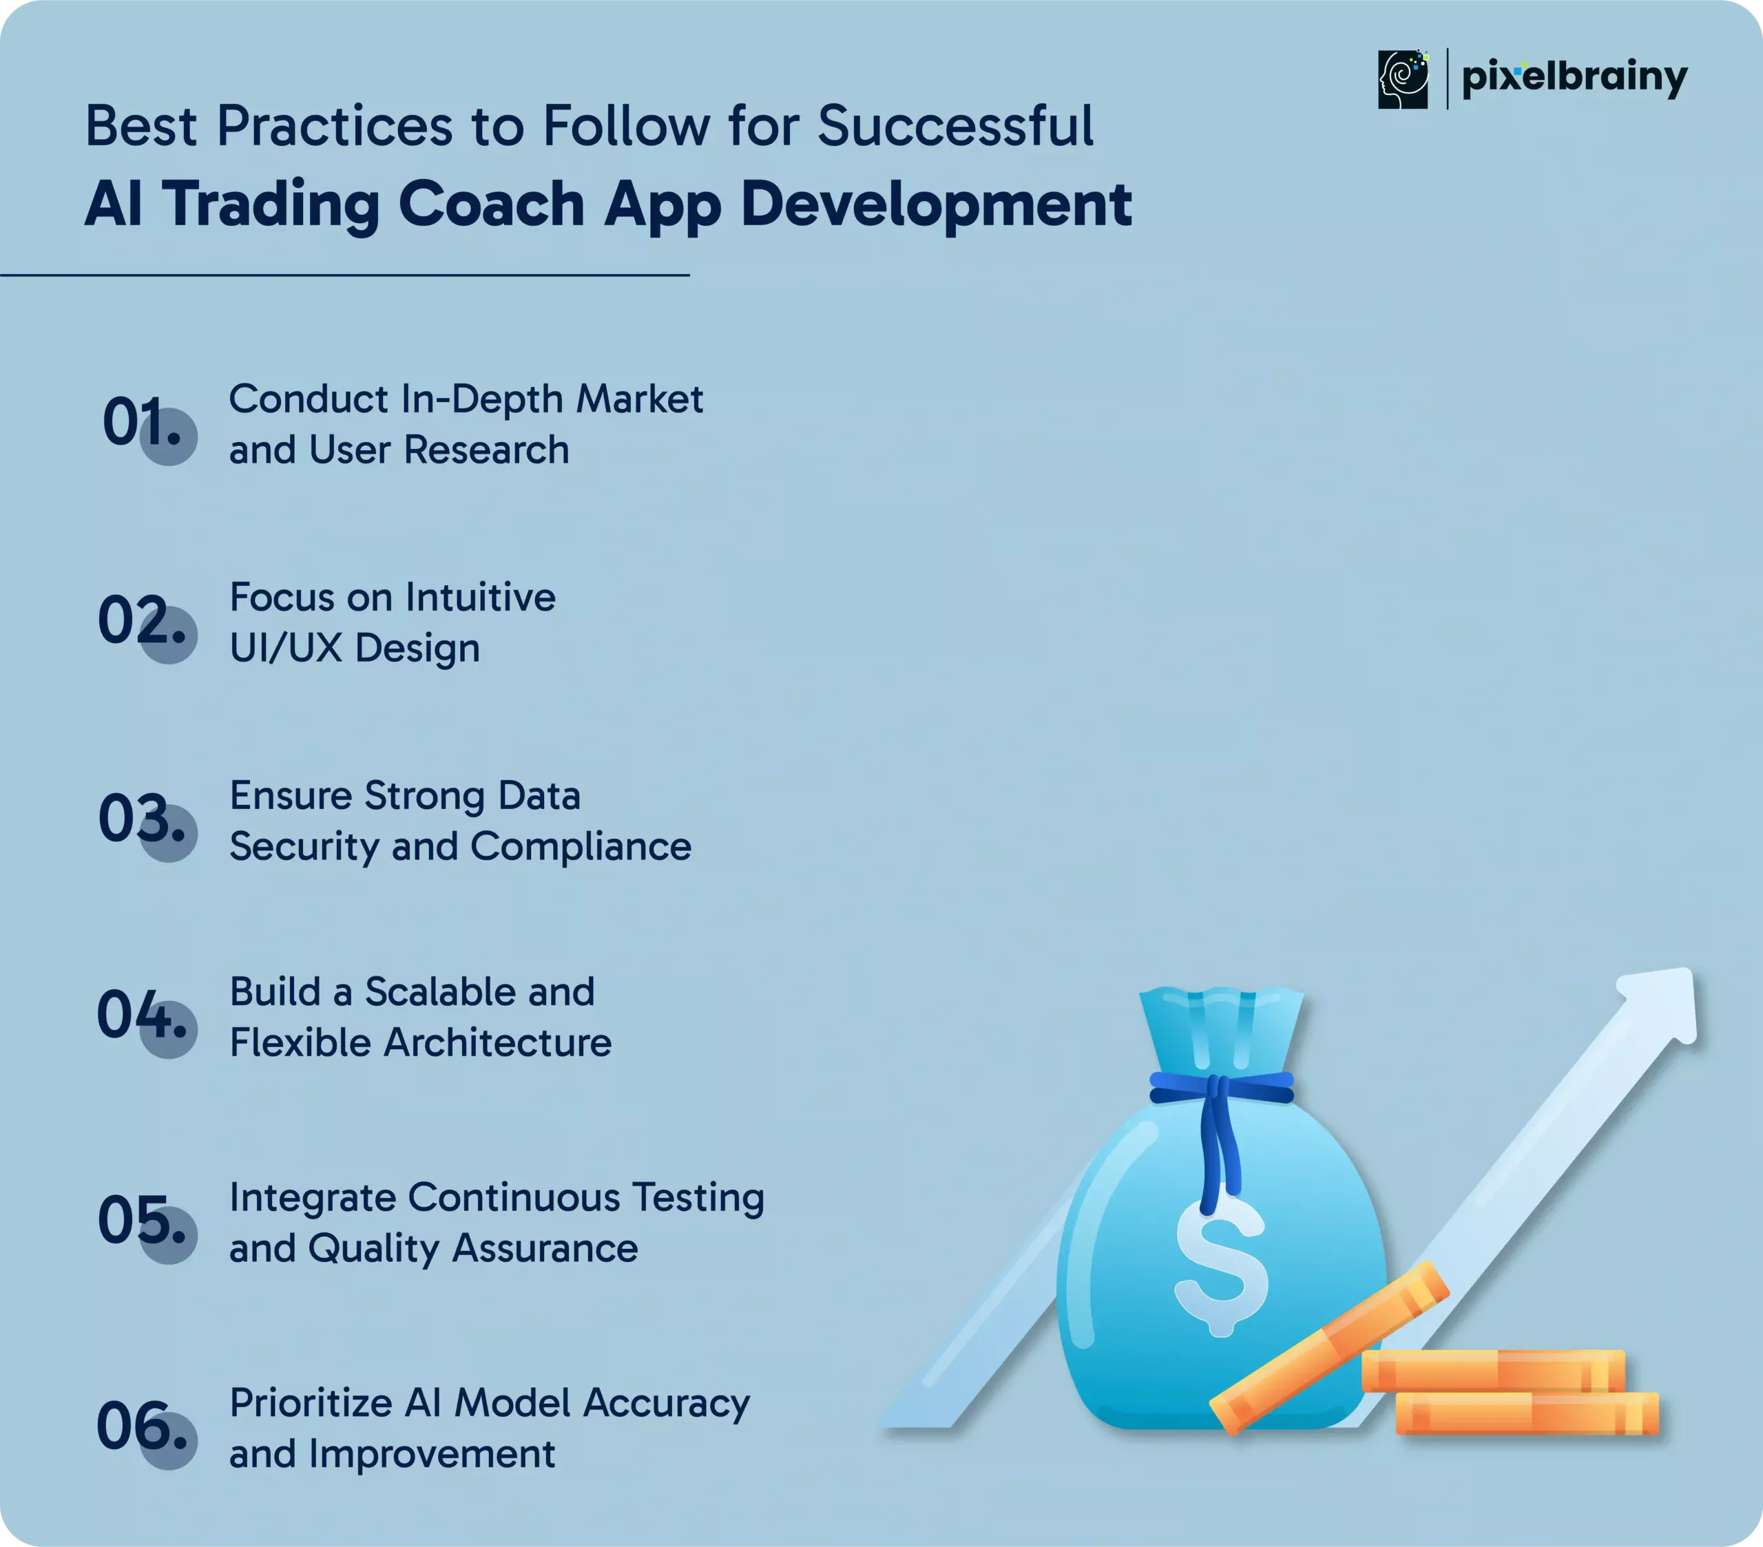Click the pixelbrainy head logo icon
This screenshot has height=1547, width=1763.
pos(1402,79)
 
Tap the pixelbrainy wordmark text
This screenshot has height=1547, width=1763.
pos(1575,78)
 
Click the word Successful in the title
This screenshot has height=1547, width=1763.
pos(954,126)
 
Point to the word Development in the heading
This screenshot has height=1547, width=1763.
pos(936,207)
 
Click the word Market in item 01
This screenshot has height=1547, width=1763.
pos(640,399)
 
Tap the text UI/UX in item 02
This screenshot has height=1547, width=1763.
pos(286,648)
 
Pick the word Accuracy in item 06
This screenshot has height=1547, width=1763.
pos(666,1404)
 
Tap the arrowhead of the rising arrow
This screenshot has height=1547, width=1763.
pos(1658,1004)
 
